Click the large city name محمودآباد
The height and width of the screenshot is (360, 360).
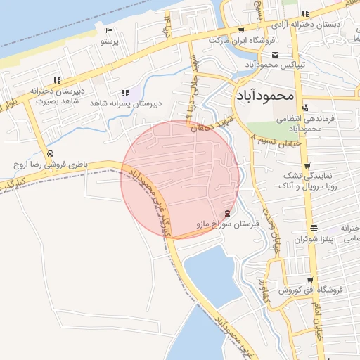pyautogui.click(x=262, y=94)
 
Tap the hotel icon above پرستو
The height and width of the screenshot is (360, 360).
pyautogui.click(x=109, y=31)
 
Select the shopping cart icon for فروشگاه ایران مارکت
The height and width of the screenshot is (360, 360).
pyautogui.click(x=241, y=30)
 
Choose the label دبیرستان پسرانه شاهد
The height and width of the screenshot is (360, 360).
pyautogui.click(x=126, y=103)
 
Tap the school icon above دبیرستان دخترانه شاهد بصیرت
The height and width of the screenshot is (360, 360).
pyautogui.click(x=56, y=80)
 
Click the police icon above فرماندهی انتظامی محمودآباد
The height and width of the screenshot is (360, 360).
pyautogui.click(x=305, y=108)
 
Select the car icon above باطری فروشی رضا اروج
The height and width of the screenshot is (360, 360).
pyautogui.click(x=49, y=154)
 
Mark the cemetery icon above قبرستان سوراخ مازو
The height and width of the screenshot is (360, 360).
pyautogui.click(x=226, y=214)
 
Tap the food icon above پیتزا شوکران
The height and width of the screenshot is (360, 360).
pyautogui.click(x=313, y=228)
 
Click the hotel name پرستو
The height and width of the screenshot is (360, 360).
pyautogui.click(x=110, y=42)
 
